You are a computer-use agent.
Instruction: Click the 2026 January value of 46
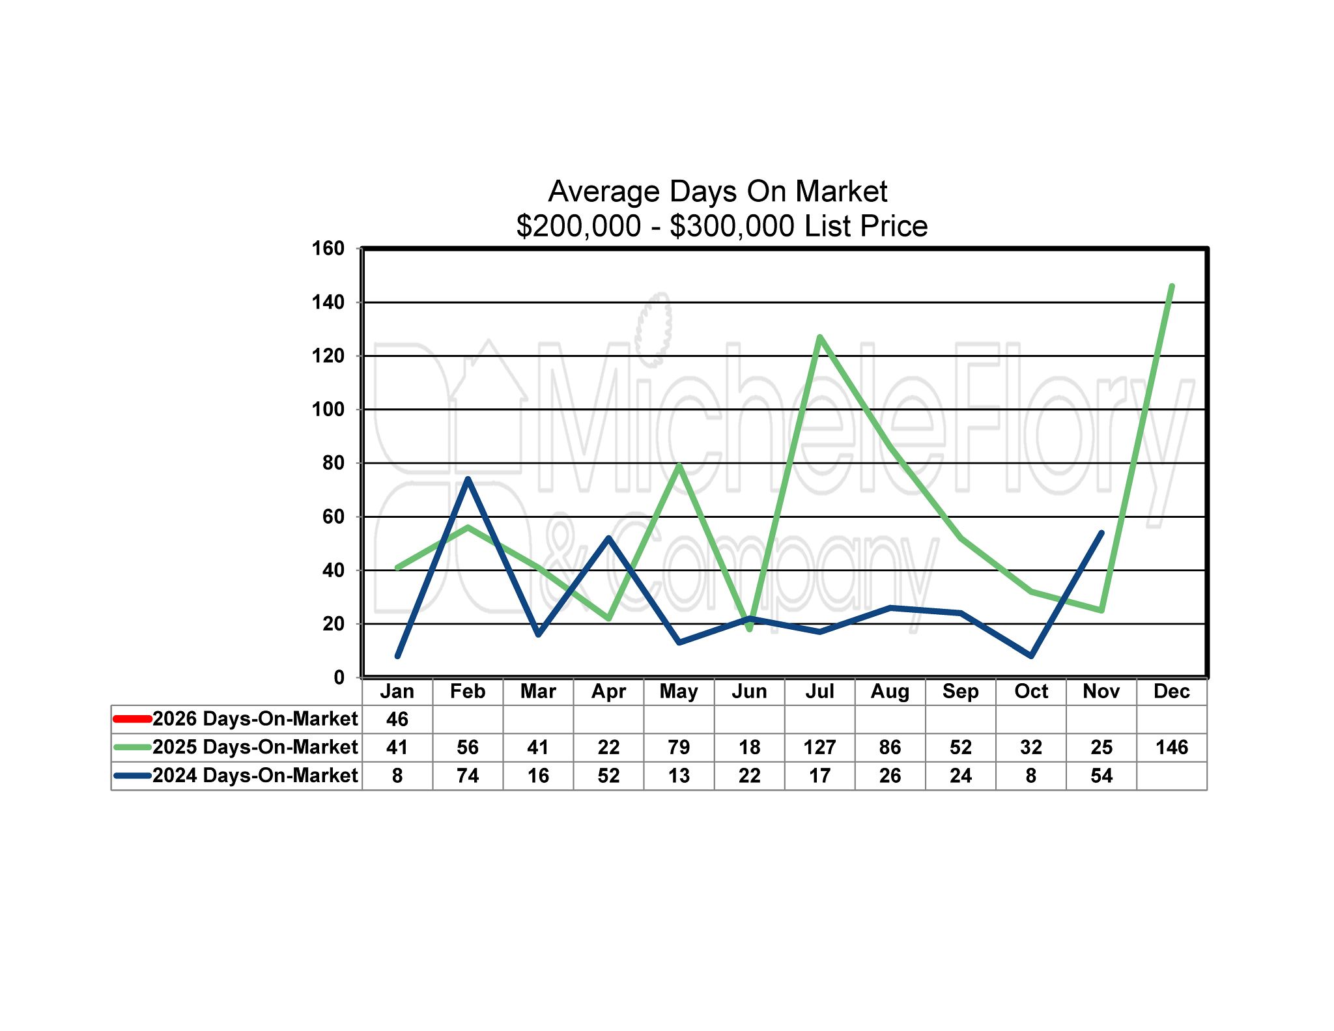[397, 719]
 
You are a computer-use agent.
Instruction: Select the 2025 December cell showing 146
[1171, 747]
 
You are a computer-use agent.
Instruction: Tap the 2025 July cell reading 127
[819, 747]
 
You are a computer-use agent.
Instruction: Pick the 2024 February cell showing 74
[468, 776]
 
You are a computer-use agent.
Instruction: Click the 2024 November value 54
[1101, 776]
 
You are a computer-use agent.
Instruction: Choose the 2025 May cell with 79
[679, 747]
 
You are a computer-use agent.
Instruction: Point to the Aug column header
[890, 691]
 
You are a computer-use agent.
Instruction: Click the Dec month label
[1171, 691]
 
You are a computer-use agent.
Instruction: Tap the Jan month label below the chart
[397, 691]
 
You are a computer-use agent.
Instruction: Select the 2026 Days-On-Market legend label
[255, 718]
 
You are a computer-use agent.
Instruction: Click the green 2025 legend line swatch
[132, 747]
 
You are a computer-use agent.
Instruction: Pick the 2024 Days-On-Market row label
[255, 776]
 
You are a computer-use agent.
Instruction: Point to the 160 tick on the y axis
[328, 248]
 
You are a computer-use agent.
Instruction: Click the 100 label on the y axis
[328, 409]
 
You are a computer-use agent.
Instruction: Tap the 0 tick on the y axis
[339, 677]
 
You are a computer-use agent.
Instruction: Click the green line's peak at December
[1171, 287]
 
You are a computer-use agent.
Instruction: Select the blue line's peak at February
[468, 479]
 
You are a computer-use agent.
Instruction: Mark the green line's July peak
[819, 337]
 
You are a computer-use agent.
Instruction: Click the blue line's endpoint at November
[1101, 533]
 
